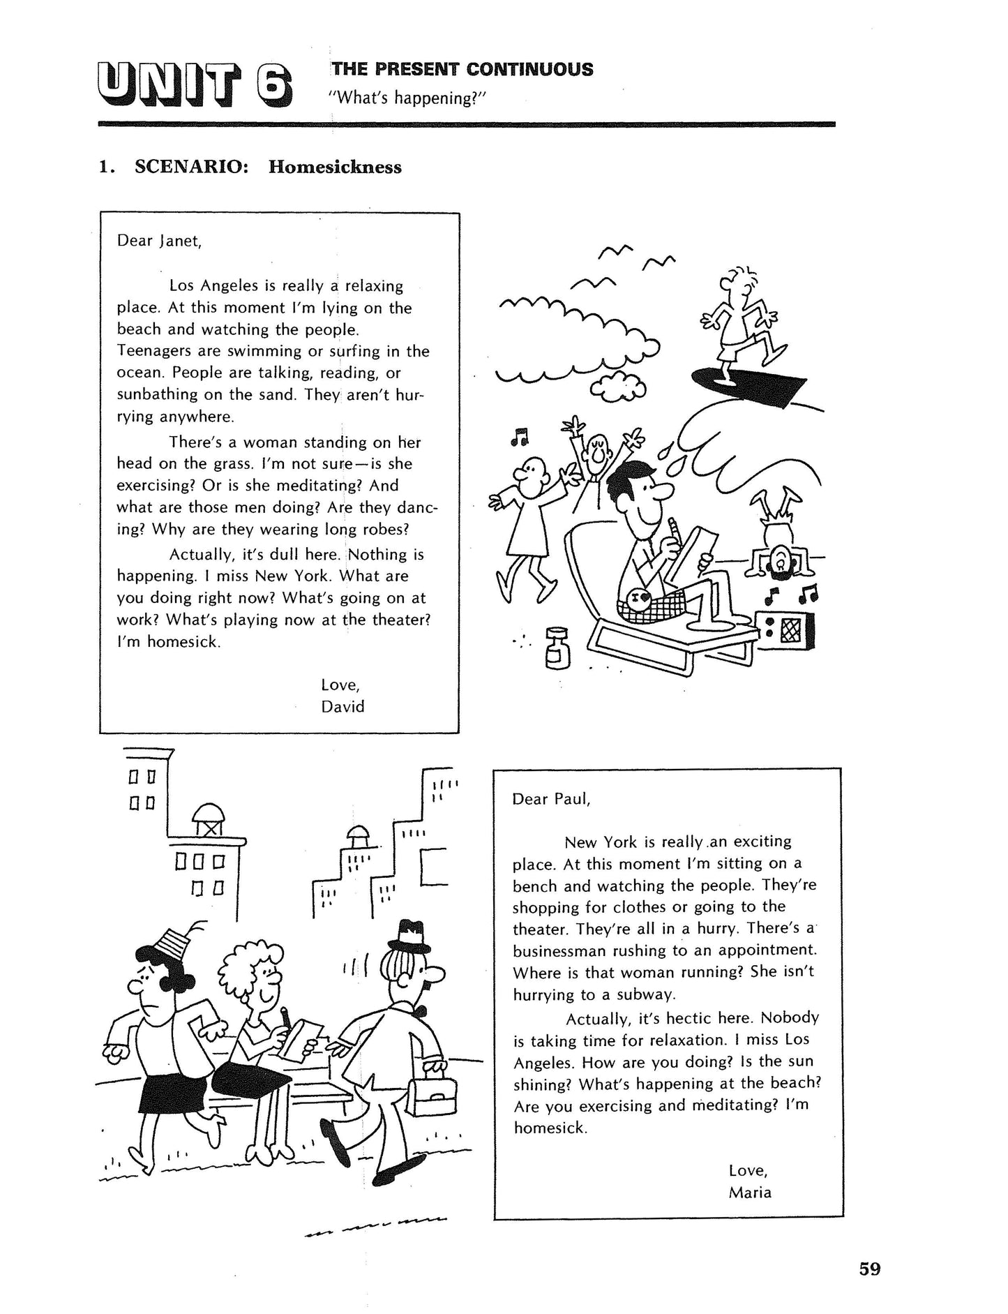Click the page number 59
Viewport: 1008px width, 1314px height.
pos(870,1268)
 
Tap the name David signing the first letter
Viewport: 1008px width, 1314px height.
pos(343,706)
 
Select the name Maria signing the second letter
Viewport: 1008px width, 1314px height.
pos(750,1192)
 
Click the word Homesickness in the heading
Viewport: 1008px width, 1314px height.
pos(335,167)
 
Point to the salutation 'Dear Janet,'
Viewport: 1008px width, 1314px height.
pos(159,241)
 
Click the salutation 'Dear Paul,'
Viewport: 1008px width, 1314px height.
pos(551,799)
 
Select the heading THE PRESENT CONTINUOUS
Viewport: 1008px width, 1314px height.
pos(462,69)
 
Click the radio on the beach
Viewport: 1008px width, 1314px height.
pos(785,631)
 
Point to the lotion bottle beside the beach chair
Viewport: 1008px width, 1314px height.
pos(558,648)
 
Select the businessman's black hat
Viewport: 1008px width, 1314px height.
pos(410,936)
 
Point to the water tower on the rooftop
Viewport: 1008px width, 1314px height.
pos(210,819)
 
